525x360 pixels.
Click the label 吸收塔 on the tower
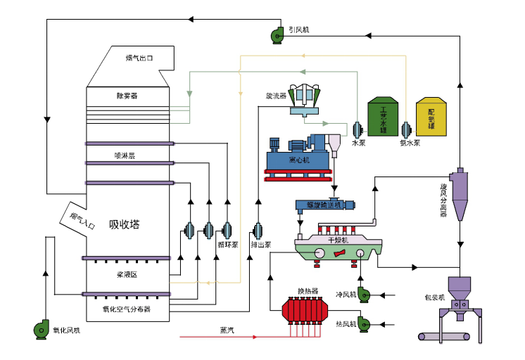(124, 225)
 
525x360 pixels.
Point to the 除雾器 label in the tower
(127, 95)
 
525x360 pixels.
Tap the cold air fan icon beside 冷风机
(364, 294)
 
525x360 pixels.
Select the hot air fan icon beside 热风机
(364, 323)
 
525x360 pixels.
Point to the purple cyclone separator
(458, 193)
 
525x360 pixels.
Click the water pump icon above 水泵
(358, 129)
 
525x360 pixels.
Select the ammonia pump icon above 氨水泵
(406, 129)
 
